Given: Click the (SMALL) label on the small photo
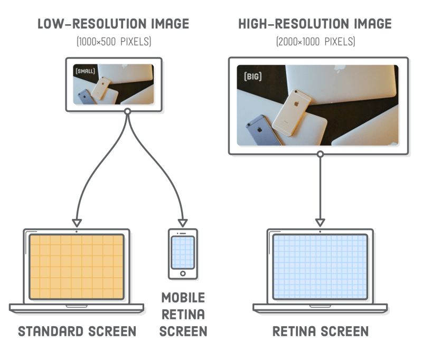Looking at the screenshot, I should [85, 70].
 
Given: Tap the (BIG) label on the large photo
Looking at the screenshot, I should [252, 77].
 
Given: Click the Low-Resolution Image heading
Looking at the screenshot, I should [114, 24].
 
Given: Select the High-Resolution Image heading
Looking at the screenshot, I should [315, 24].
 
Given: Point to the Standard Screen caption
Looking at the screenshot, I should [78, 331].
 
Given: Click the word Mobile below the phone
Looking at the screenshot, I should [183, 297].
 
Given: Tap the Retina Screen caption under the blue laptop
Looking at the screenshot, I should [320, 332].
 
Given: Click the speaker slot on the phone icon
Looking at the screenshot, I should [183, 233].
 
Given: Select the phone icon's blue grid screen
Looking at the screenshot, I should [183, 252].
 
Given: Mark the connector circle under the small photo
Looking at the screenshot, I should [127, 111].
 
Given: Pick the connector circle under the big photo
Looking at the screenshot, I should [320, 154].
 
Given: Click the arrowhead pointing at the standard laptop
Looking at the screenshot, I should [77, 222].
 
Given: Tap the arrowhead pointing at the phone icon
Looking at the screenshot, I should [183, 222].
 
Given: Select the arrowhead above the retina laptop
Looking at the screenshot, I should [320, 222].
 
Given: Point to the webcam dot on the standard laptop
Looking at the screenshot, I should [77, 231].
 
